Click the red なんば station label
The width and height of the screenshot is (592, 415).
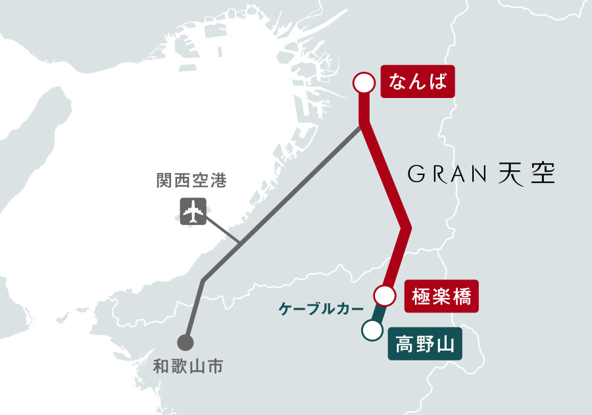[418, 82]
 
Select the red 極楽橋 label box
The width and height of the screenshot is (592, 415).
[441, 296]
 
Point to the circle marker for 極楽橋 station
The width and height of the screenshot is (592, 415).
[384, 295]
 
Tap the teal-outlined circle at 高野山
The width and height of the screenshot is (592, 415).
[372, 330]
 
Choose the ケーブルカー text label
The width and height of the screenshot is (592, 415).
[321, 308]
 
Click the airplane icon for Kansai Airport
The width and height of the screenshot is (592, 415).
[193, 211]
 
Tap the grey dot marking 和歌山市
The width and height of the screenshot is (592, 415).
[185, 343]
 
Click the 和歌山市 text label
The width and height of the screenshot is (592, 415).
[187, 366]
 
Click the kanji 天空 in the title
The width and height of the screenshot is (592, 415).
[526, 174]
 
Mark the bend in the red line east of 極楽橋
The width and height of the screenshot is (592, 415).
[407, 228]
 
